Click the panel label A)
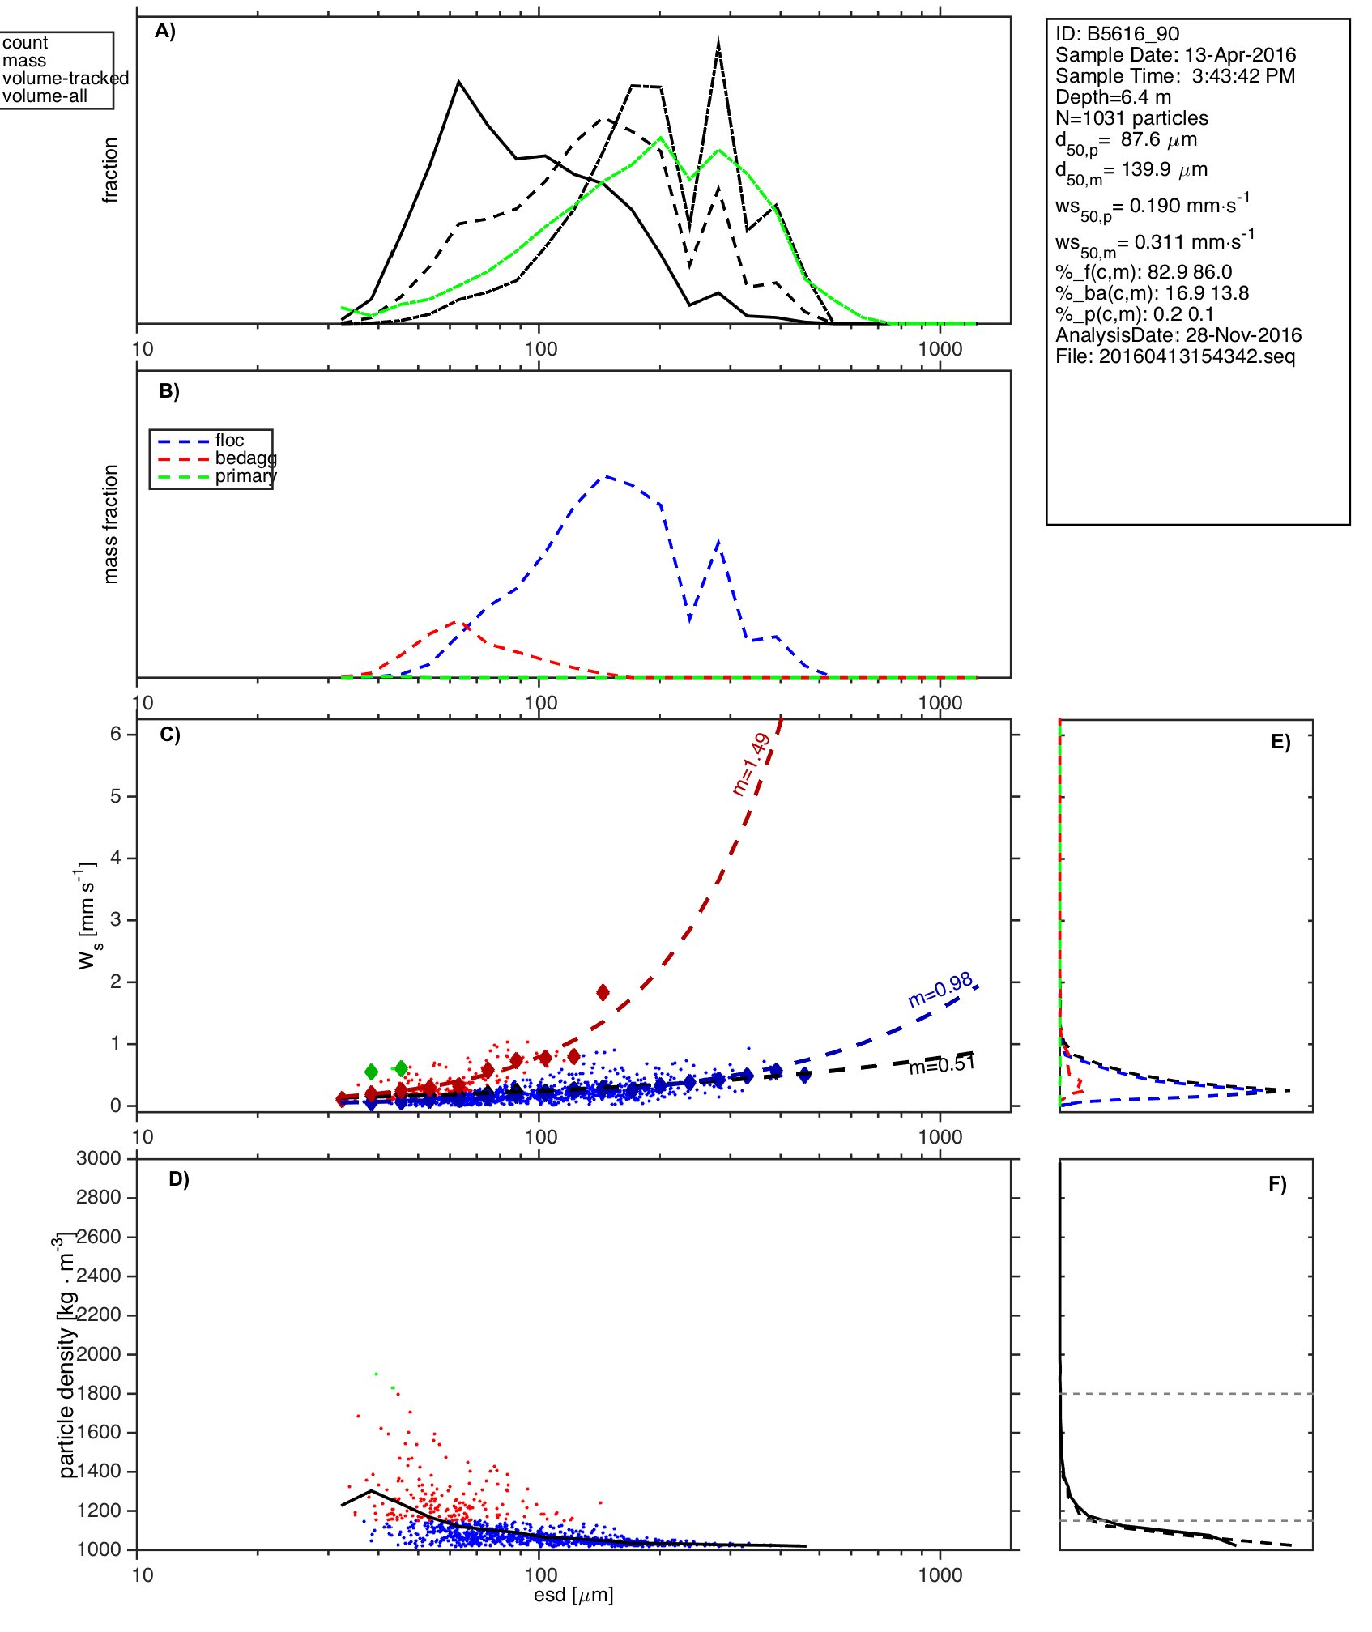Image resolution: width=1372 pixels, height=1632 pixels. (165, 31)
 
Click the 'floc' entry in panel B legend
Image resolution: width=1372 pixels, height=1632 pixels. (229, 441)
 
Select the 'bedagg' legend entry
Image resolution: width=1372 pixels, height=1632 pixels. (245, 458)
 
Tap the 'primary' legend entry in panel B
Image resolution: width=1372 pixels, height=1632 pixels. (245, 476)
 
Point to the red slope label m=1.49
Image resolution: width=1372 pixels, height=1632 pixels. (751, 764)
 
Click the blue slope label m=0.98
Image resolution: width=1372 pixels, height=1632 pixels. (940, 990)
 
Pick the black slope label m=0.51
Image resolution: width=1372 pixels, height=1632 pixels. (941, 1066)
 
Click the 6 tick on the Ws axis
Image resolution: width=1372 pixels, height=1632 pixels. (116, 734)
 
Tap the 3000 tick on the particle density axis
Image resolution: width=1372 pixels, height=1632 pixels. (99, 1158)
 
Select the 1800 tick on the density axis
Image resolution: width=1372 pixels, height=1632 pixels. (99, 1393)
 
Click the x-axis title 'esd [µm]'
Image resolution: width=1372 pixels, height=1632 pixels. (573, 1595)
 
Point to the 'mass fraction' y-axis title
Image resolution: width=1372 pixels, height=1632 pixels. (111, 524)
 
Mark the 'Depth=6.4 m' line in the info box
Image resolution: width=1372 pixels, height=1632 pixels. (1113, 97)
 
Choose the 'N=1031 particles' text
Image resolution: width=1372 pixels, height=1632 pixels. (1131, 118)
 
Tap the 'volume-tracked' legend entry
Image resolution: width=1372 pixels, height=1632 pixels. (66, 79)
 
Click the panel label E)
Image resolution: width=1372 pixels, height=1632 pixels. (1280, 743)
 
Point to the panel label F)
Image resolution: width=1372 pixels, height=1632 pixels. (1277, 1184)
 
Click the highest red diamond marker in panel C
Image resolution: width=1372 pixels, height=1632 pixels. (603, 993)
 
